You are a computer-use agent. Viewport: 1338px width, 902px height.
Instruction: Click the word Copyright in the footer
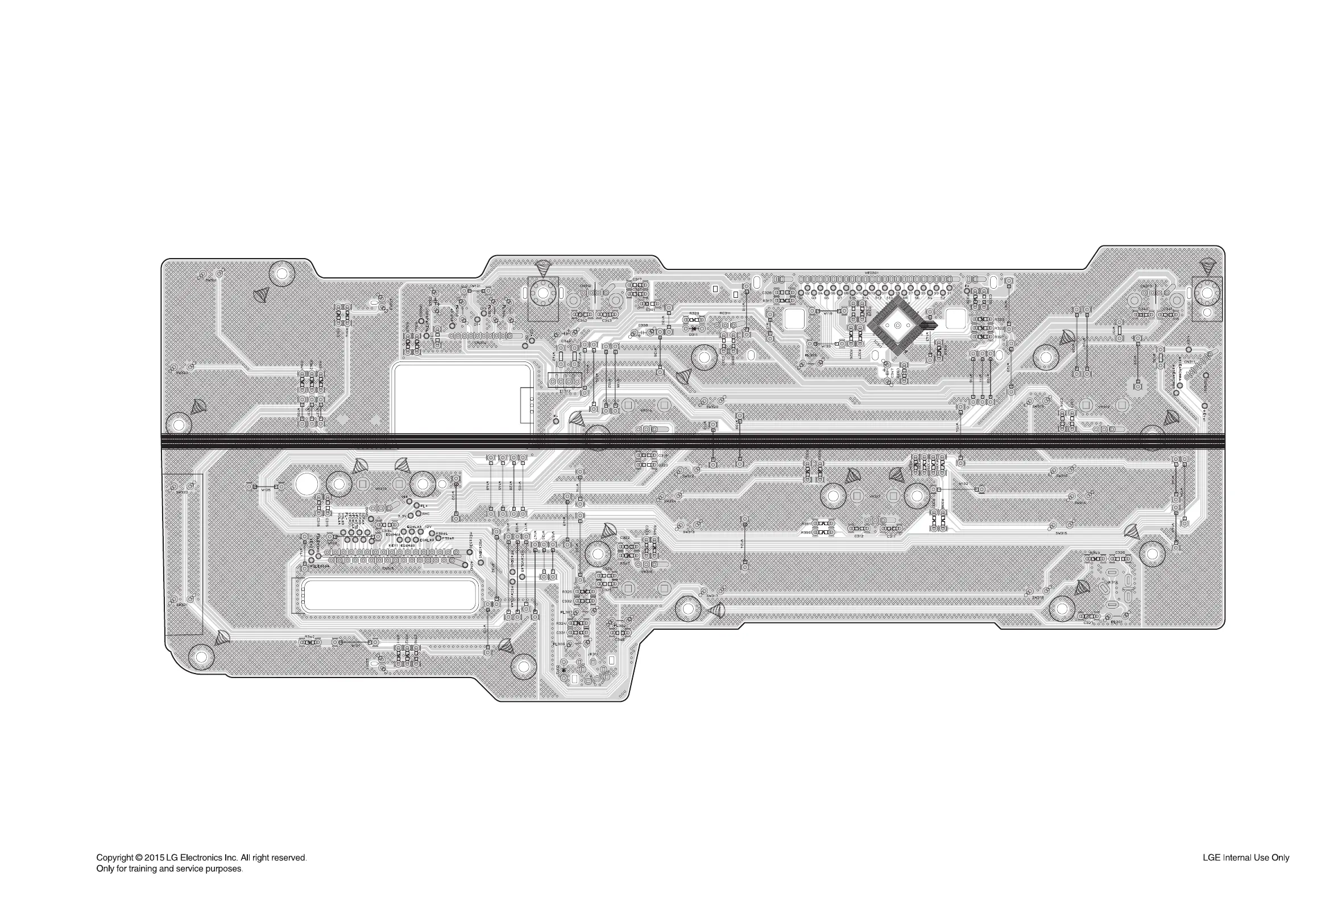114,857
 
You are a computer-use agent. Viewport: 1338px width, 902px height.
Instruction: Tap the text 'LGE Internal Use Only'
1245,857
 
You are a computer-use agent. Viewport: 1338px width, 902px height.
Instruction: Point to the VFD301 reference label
871,273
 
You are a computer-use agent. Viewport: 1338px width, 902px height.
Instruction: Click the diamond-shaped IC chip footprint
897,326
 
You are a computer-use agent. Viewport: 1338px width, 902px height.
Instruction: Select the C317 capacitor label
636,279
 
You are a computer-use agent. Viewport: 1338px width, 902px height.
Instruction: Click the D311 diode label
694,334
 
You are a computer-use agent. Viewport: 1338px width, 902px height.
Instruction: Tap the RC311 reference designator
724,314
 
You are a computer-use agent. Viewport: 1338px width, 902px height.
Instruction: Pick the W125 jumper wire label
266,491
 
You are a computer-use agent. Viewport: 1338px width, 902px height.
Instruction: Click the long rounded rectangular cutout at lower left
390,595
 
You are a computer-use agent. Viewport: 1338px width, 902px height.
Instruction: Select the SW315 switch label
1061,533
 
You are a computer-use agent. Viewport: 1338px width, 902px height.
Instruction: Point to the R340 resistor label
309,637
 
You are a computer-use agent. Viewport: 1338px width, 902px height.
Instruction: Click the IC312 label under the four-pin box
565,391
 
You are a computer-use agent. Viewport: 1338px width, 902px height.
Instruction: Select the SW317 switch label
712,596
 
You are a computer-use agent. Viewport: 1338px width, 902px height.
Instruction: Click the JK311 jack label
592,654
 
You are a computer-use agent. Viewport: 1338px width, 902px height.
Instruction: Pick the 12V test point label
428,527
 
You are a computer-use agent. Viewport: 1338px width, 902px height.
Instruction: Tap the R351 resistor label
806,524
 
